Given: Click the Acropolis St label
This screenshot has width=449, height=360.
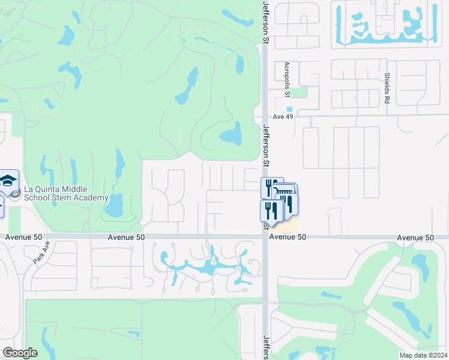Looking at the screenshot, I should (287, 79).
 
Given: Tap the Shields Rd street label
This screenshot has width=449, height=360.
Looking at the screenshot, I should (387, 88).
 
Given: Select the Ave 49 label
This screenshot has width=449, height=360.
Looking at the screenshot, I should (282, 117).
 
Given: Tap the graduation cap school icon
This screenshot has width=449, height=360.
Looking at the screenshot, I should (8, 181).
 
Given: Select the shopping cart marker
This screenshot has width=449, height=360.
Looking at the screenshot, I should (285, 192).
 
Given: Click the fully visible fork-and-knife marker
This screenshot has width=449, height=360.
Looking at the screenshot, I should (271, 211).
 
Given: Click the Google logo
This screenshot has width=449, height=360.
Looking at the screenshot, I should (20, 353).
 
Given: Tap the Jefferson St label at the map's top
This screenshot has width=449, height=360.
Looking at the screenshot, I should (265, 22).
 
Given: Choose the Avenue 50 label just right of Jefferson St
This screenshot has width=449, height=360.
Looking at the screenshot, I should (288, 237).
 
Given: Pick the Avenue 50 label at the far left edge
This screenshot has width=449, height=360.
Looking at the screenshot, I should (24, 237).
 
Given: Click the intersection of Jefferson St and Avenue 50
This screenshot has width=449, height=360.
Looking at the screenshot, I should (265, 237).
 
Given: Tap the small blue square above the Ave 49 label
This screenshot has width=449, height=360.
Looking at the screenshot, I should (289, 109).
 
